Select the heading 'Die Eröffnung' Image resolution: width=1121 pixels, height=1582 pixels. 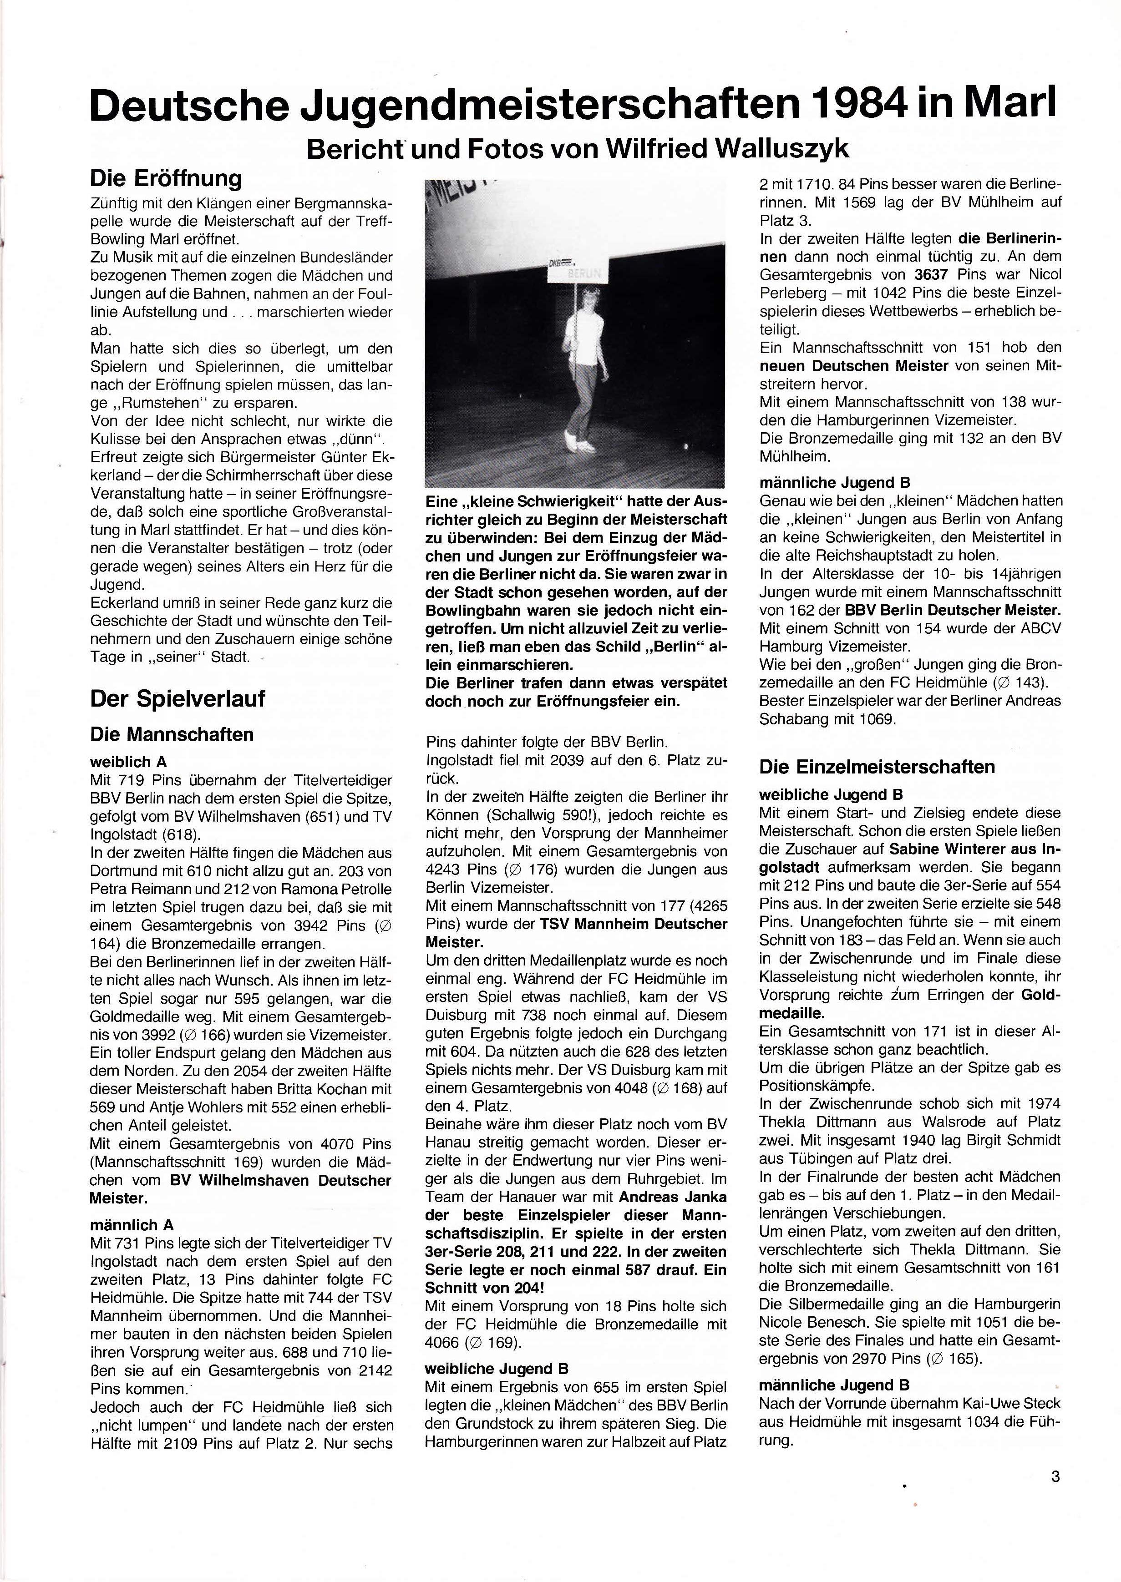[166, 179]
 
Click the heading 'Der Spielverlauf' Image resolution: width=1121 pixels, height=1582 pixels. [178, 698]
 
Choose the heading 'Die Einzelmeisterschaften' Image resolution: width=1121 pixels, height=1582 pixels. [877, 767]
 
